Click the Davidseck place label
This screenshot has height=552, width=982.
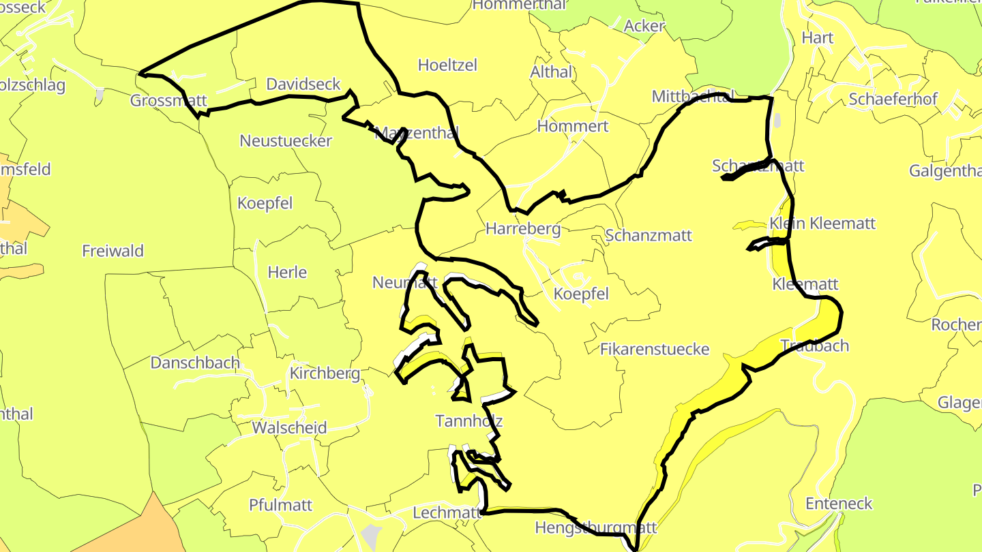[303, 85]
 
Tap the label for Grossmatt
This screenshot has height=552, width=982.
[168, 101]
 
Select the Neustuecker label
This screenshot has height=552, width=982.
[286, 141]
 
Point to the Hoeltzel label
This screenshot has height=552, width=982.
[447, 65]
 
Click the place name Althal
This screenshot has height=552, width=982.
[552, 72]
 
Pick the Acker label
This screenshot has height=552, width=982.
[644, 26]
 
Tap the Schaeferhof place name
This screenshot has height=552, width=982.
[893, 99]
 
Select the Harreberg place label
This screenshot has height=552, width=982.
[523, 229]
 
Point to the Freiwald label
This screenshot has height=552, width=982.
[113, 251]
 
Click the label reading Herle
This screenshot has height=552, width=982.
[287, 273]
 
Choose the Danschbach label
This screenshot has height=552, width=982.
[195, 363]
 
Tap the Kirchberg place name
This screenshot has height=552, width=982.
[325, 373]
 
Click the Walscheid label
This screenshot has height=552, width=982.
[289, 428]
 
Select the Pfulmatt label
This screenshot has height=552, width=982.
[281, 505]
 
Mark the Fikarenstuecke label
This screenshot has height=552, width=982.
[655, 350]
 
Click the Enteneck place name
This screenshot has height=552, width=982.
[839, 504]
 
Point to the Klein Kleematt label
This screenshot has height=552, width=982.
[822, 224]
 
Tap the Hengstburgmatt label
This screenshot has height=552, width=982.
[595, 527]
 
